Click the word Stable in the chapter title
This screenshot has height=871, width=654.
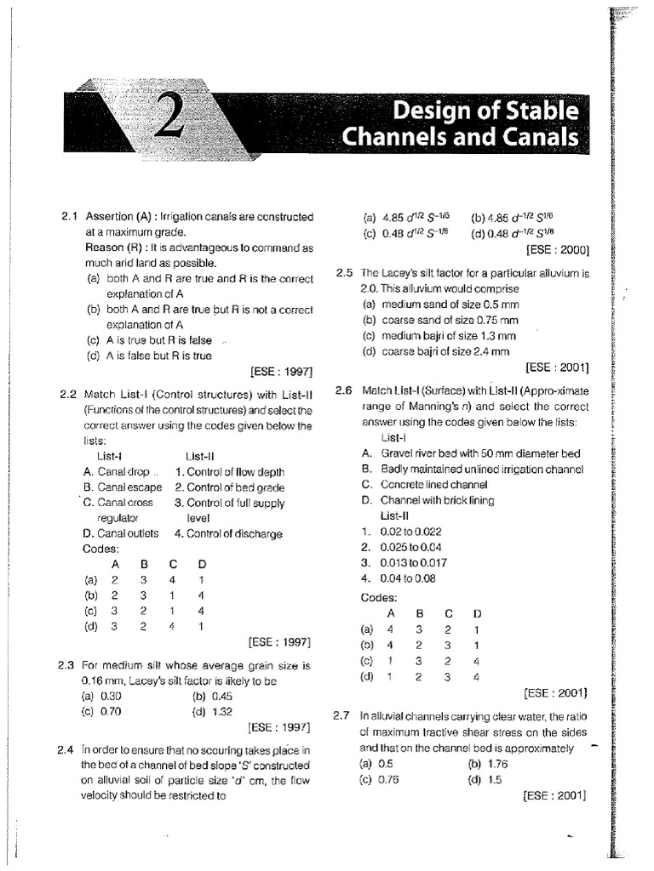[x=540, y=111]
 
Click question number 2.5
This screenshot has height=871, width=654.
[x=344, y=273]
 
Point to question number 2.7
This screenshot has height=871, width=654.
[x=343, y=717]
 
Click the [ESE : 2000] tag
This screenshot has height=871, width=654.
[x=559, y=250]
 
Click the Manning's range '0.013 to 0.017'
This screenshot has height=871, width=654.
[x=411, y=562]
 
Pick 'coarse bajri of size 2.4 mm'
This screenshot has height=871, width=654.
[x=435, y=350]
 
